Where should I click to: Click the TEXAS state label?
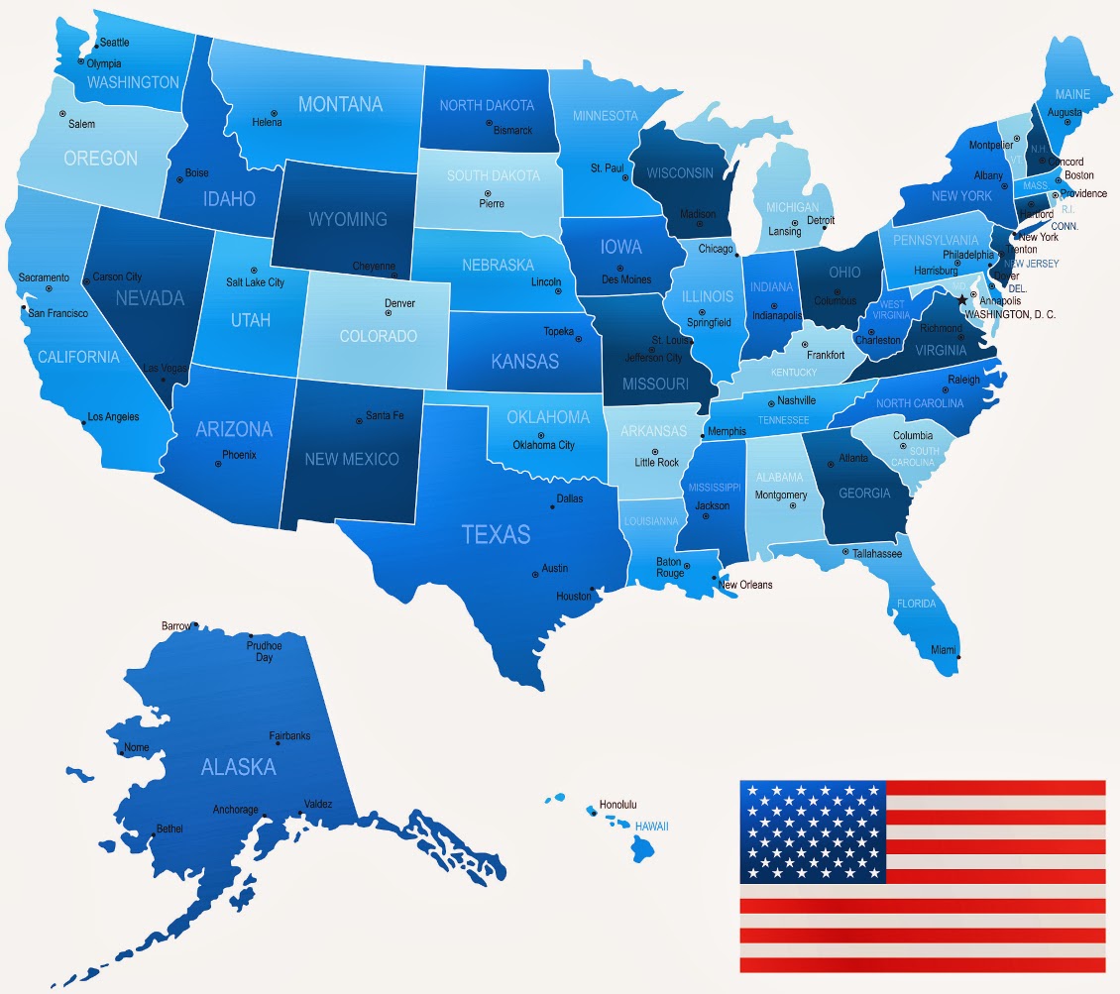pyautogui.click(x=496, y=534)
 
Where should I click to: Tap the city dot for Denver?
pyautogui.click(x=388, y=313)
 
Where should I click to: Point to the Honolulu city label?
pyautogui.click(x=618, y=805)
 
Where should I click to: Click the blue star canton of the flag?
pyautogui.click(x=812, y=831)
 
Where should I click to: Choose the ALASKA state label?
pyautogui.click(x=238, y=767)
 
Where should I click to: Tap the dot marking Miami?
pyautogui.click(x=958, y=657)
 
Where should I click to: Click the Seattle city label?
pyautogui.click(x=114, y=43)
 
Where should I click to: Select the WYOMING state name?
pyautogui.click(x=347, y=218)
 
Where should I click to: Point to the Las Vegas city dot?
pyautogui.click(x=164, y=378)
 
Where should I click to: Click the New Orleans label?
pyautogui.click(x=745, y=585)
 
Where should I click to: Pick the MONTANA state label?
pyautogui.click(x=340, y=104)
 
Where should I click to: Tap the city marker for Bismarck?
pyautogui.click(x=489, y=123)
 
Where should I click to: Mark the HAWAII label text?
pyautogui.click(x=652, y=826)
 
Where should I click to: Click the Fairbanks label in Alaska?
pyautogui.click(x=289, y=736)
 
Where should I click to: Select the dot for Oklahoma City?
pyautogui.click(x=541, y=435)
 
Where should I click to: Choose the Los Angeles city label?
pyautogui.click(x=113, y=417)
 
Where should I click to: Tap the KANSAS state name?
pyautogui.click(x=525, y=362)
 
